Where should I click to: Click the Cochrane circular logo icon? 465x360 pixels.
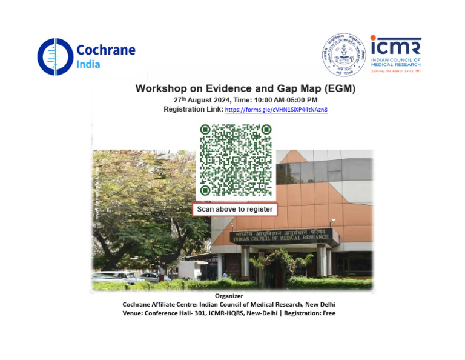[x=54, y=56]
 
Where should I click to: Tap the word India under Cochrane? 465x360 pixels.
[x=88, y=64]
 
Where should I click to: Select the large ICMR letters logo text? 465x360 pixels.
[x=395, y=45]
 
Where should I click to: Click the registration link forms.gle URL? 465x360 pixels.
[x=276, y=110]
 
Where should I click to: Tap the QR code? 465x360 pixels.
[x=236, y=160]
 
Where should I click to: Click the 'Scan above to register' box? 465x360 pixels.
[x=235, y=210]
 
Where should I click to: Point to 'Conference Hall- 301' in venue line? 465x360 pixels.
[x=175, y=313]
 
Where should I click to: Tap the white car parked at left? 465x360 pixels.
[x=118, y=277]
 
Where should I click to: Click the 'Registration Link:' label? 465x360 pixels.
[x=193, y=110]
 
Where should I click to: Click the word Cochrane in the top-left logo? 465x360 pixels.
[x=106, y=50]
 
